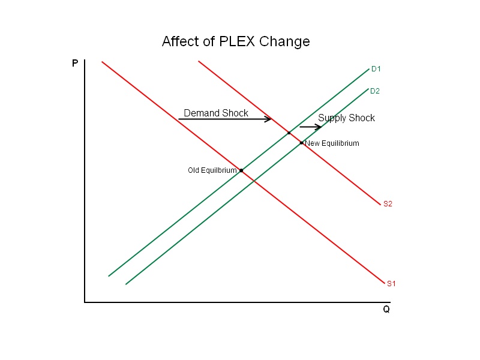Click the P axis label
point(75,63)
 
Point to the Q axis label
point(386,310)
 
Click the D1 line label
point(376,69)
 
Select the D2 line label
point(375,91)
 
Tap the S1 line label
point(391,283)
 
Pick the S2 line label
point(388,204)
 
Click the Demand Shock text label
point(216,113)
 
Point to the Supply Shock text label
point(346,118)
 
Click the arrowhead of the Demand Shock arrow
point(269,119)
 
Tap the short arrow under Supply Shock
point(310,127)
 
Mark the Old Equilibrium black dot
point(241,170)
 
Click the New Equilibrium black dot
point(301,143)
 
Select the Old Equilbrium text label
point(212,170)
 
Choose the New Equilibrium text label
point(332,143)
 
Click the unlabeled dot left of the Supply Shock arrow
point(289,133)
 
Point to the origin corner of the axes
point(85,302)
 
